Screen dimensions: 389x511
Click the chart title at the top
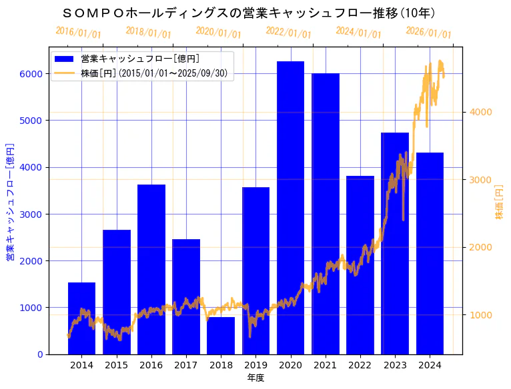248,13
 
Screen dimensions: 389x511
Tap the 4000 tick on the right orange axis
480,111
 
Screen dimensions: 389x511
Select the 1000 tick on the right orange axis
480,314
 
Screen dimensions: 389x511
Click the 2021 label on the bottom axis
326,365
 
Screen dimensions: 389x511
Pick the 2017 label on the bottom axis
186,365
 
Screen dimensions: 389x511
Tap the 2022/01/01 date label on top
288,32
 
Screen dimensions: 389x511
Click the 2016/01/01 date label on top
78,32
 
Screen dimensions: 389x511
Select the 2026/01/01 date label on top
428,32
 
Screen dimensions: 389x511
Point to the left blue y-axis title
10,201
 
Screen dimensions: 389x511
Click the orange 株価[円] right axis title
500,202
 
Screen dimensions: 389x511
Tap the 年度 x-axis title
255,378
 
